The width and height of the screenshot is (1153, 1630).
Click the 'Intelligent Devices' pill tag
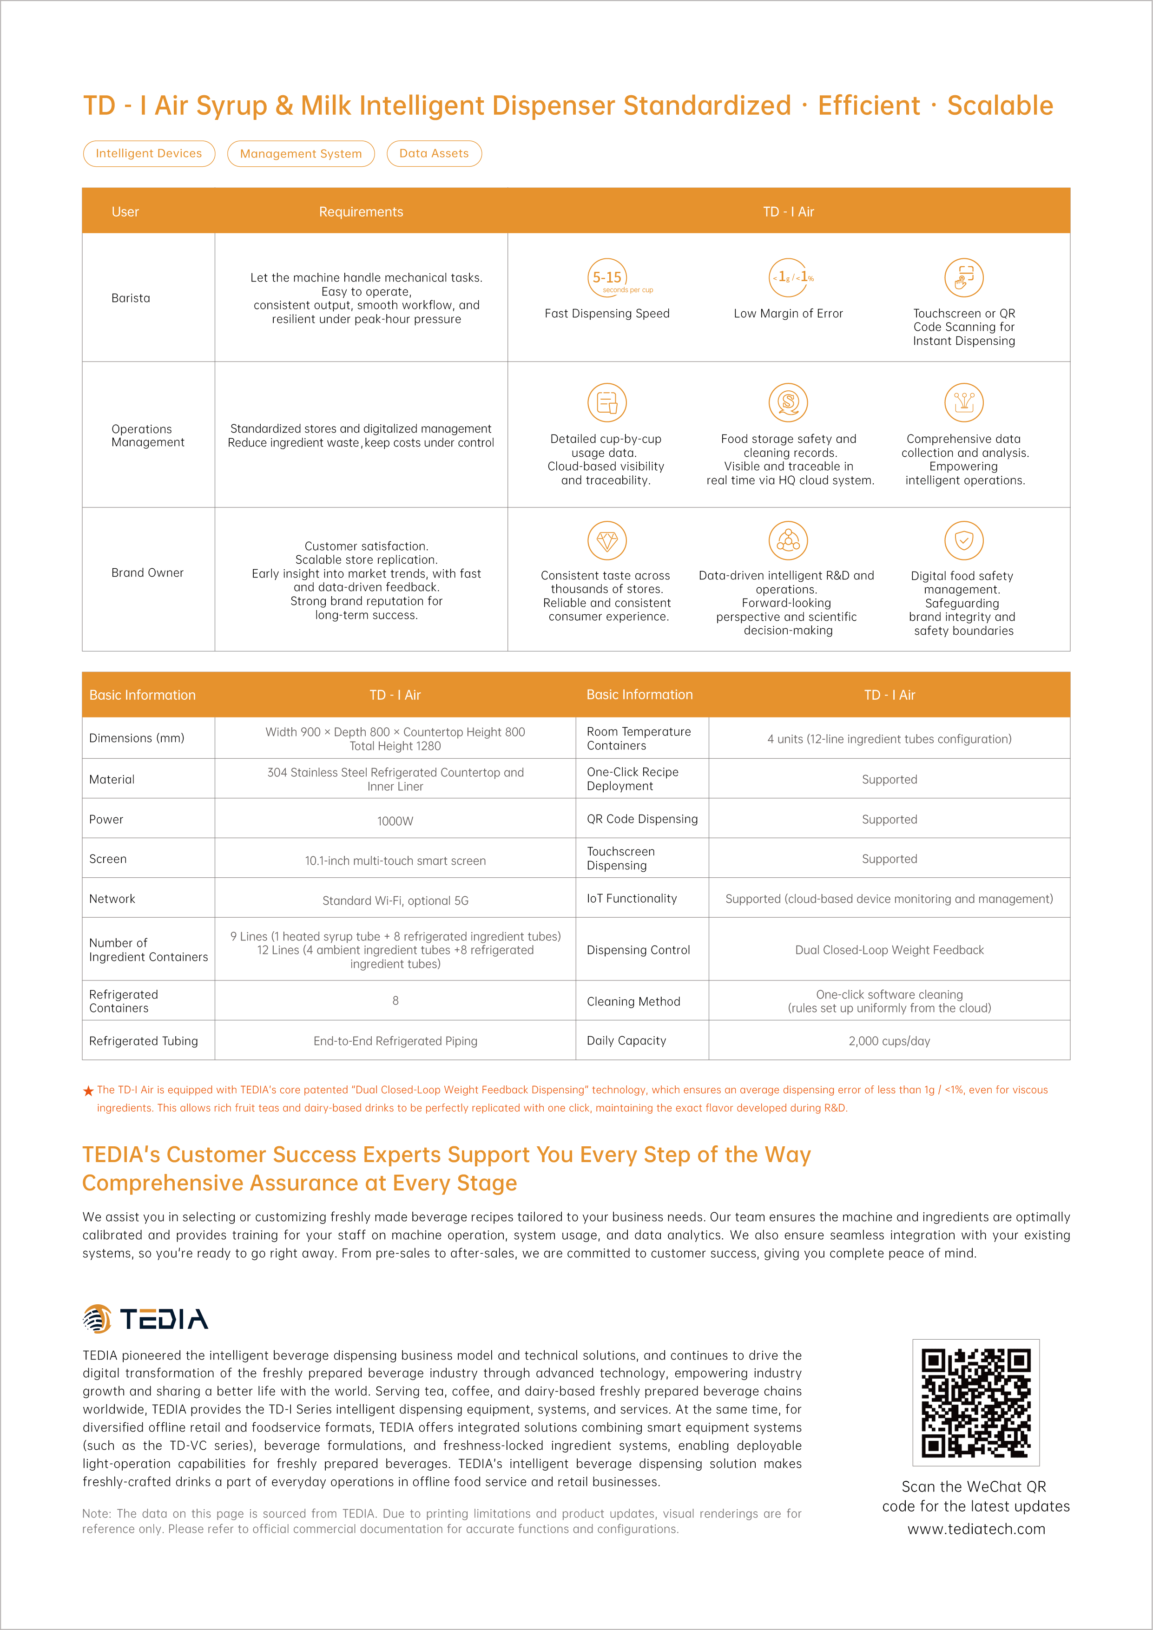pos(149,153)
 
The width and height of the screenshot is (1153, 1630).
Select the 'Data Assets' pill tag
pos(434,153)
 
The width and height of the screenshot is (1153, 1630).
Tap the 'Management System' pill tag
pos(301,153)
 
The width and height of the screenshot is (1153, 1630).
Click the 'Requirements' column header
pos(361,211)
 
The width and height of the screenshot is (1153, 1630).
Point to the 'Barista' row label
pos(131,298)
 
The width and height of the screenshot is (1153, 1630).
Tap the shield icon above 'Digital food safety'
pos(963,541)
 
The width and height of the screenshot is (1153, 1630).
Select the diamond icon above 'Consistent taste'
pos(607,541)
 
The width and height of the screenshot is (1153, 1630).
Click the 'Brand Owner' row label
pos(147,573)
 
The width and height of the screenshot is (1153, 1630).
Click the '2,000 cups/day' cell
pos(889,1041)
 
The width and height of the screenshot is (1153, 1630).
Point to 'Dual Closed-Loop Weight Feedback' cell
pos(889,950)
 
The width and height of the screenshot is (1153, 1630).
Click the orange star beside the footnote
pos(88,1091)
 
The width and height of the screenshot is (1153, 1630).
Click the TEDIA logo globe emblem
pos(97,1319)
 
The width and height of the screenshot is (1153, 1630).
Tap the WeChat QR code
pos(975,1403)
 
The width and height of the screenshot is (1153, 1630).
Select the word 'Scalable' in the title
pos(1000,106)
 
